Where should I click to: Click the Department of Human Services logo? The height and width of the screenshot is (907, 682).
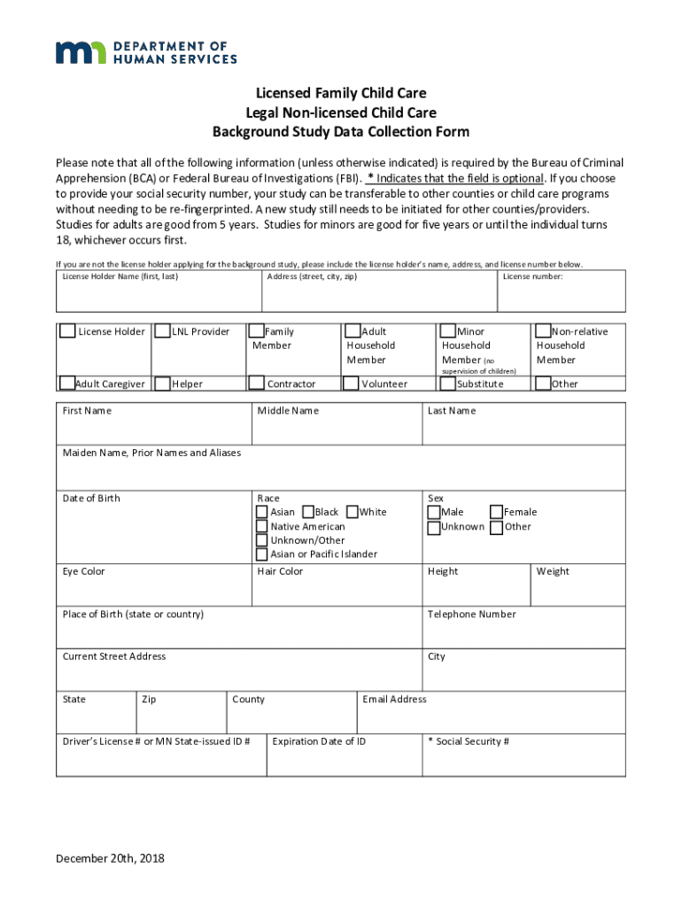(146, 52)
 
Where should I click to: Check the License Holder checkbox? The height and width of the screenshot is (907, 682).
(68, 331)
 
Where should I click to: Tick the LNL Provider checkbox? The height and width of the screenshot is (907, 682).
(163, 331)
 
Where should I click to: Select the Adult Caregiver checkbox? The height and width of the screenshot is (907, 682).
(68, 384)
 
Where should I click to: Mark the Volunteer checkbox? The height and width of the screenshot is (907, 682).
(353, 384)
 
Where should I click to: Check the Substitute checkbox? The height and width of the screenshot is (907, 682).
(448, 384)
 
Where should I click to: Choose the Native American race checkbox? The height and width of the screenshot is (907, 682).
(262, 526)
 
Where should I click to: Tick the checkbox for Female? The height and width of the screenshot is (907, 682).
(496, 512)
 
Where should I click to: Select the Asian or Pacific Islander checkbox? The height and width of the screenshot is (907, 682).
(262, 554)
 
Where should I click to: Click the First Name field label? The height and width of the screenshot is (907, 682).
(87, 411)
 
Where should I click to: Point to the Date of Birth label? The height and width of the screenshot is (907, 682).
(91, 499)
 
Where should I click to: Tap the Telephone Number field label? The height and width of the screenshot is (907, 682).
(471, 615)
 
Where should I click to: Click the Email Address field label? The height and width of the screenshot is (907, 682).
(394, 700)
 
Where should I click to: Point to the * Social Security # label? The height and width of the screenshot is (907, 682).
(469, 741)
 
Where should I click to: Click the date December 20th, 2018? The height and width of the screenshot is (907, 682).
(111, 858)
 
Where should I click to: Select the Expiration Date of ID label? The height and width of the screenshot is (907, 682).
(319, 741)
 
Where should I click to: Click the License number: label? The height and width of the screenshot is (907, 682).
(532, 276)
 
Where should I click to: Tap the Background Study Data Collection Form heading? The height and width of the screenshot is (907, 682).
(340, 133)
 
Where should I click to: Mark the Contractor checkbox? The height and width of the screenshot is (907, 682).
(257, 384)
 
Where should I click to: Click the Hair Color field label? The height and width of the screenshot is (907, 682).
(280, 572)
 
